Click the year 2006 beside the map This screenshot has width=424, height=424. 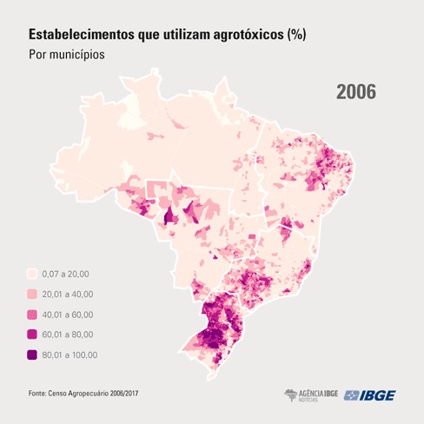pos(355,92)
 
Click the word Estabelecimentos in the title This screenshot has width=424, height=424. pos(80,36)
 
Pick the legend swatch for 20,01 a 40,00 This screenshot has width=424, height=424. pos(32,294)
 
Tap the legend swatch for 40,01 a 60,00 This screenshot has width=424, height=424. pos(32,314)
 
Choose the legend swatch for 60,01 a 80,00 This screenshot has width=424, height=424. pos(32,334)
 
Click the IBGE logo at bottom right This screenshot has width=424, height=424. pos(370,395)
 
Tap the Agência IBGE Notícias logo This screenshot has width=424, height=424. pos(312,395)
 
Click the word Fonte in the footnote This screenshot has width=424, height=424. pos(38,395)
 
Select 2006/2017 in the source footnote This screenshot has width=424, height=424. pos(121,395)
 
